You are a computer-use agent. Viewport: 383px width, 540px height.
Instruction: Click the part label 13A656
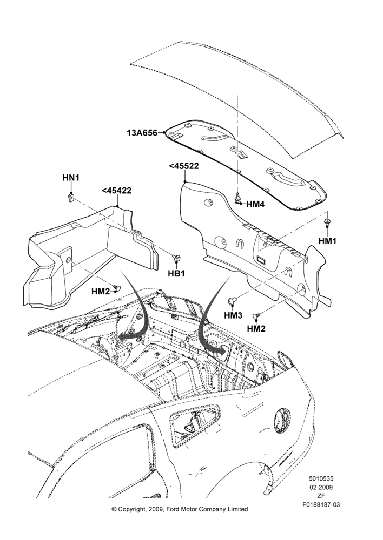(142, 133)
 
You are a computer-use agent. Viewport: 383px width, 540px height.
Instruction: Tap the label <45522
(184, 166)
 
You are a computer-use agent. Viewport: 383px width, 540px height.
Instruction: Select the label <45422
(117, 191)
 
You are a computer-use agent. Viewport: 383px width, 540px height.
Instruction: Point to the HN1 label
(71, 178)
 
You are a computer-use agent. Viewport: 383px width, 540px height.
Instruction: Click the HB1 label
(176, 273)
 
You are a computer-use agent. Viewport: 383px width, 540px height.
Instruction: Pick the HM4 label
(255, 204)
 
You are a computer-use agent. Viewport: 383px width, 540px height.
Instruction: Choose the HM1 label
(327, 241)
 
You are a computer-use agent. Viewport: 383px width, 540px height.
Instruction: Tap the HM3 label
(233, 315)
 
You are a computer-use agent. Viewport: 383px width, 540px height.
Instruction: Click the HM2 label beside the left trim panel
(101, 292)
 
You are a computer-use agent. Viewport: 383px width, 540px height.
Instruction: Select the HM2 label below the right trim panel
(256, 328)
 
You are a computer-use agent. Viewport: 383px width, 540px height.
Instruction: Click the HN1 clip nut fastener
(71, 198)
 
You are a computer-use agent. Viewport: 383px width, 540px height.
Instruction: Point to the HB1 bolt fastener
(177, 258)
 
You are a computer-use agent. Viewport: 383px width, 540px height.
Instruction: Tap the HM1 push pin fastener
(327, 222)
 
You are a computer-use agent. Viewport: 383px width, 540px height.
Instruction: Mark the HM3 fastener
(231, 300)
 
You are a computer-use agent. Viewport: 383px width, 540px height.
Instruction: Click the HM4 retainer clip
(238, 198)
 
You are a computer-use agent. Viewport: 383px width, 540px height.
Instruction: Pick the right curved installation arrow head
(220, 350)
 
